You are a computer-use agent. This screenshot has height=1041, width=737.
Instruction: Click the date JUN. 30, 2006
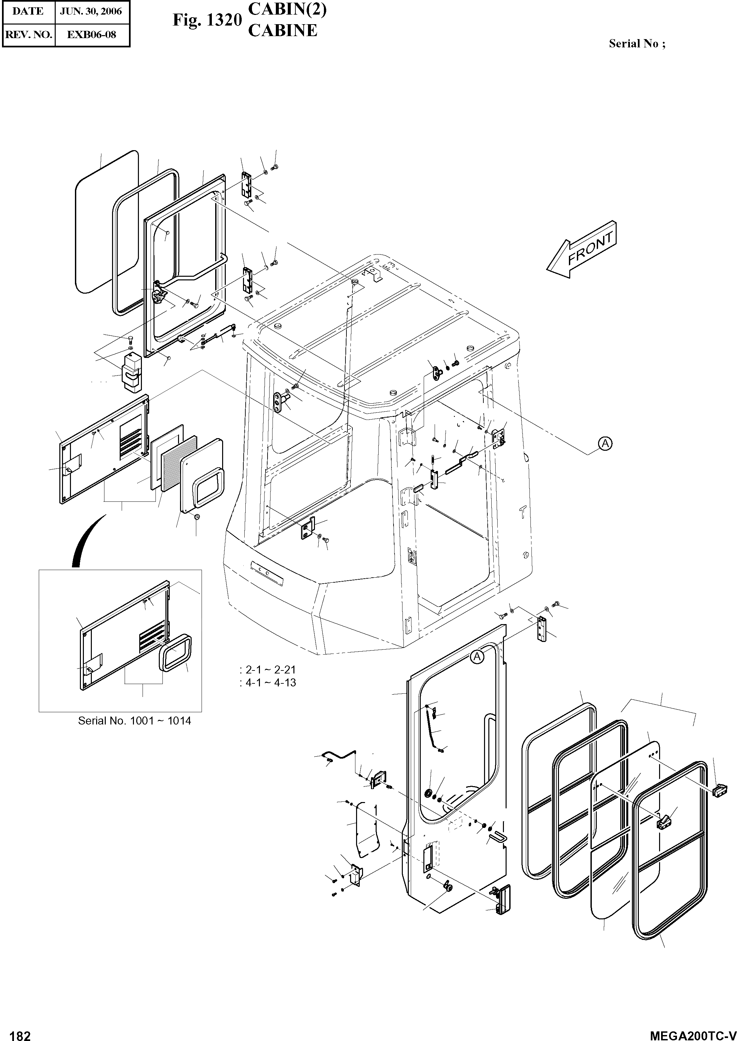(91, 11)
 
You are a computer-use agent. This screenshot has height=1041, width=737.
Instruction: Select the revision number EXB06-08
(91, 34)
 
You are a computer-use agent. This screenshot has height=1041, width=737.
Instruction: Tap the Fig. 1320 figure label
(207, 21)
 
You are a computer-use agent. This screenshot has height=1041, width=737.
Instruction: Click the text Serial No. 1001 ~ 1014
(134, 721)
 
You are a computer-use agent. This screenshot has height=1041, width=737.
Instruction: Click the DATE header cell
(28, 11)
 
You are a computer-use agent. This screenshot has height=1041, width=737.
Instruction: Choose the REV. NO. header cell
(28, 34)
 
